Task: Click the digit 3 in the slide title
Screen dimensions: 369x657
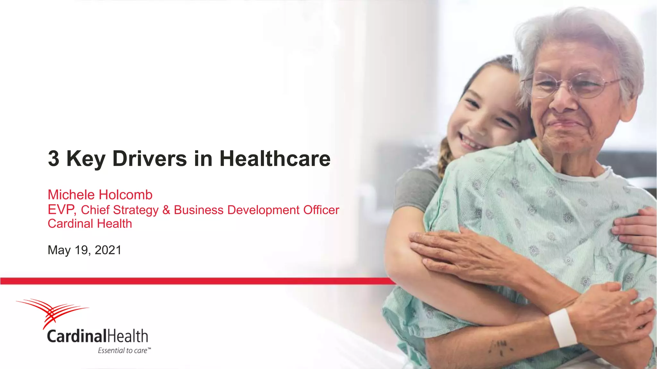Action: (54, 159)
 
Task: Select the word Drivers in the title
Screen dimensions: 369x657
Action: (149, 159)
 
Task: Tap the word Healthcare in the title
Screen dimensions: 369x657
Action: (275, 159)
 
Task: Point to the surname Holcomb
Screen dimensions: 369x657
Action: (126, 195)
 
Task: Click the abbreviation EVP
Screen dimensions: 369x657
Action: (61, 210)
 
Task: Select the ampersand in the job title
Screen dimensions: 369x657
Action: (166, 210)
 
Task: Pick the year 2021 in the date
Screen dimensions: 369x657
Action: (108, 250)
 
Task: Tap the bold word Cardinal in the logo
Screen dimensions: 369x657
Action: (76, 336)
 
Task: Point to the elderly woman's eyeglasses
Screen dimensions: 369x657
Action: (571, 85)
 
